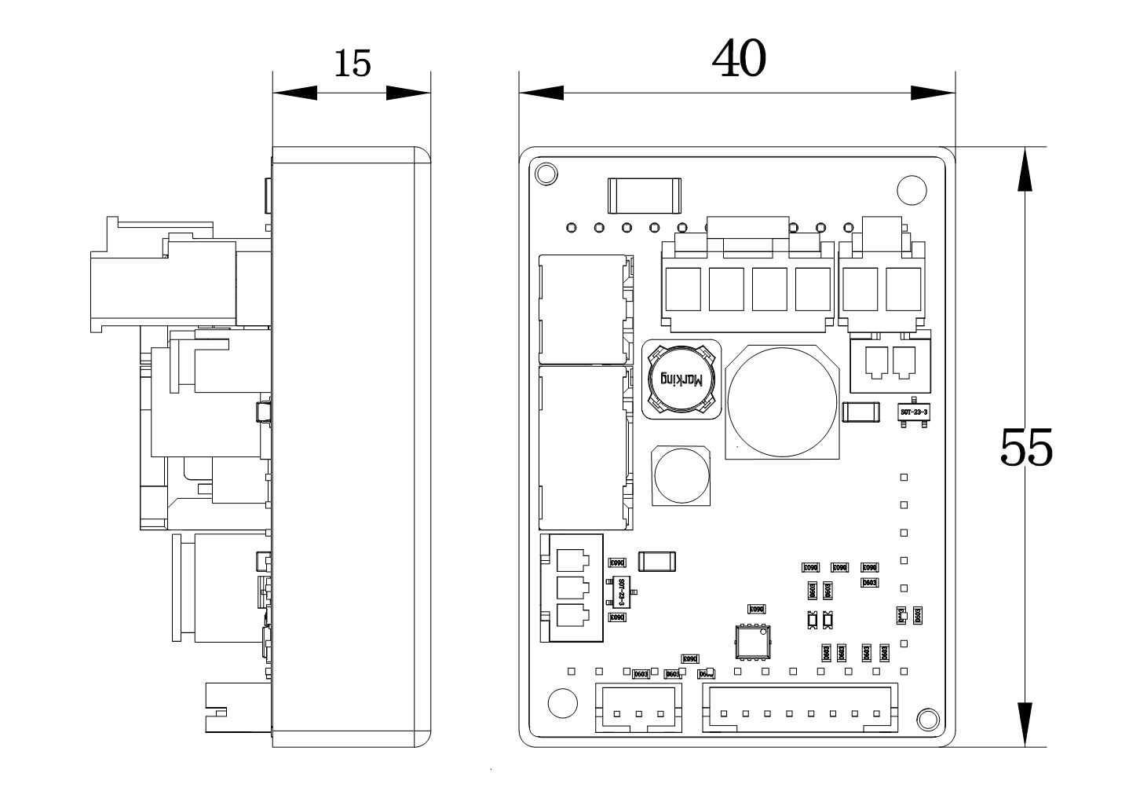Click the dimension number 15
coord(353,64)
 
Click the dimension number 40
coord(739,59)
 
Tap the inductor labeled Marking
coord(681,379)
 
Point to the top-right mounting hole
coord(912,189)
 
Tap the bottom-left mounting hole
coord(562,702)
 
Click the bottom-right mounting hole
coord(927,719)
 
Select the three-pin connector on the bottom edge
coord(638,708)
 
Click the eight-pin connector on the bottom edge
coord(799,708)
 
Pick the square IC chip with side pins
coord(752,641)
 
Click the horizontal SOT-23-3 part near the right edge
coord(914,412)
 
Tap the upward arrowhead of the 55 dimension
coord(1025,170)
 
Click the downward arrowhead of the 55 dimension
coord(1025,724)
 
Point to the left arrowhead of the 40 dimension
coord(542,93)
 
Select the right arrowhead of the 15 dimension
coord(408,93)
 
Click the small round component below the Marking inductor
coord(681,476)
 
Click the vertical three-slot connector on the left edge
coord(572,588)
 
